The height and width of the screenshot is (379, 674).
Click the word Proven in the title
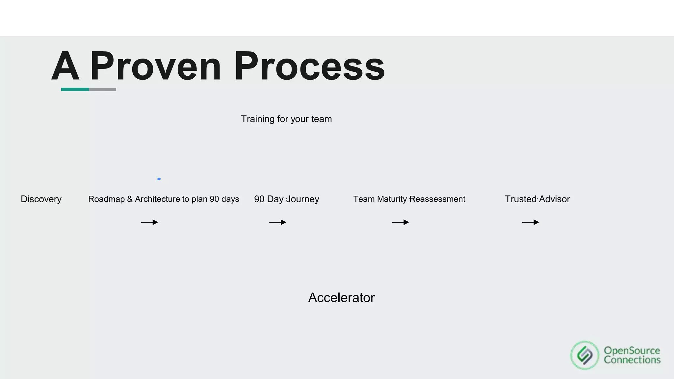coord(155,66)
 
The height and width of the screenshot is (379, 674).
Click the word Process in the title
coord(309,66)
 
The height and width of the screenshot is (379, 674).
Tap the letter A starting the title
coord(65,66)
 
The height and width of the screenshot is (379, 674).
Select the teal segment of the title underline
coord(75,89)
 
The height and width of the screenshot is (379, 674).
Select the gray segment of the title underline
coord(103,89)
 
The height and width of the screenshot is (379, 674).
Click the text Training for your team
coord(286,119)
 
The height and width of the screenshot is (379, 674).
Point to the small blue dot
coord(159,179)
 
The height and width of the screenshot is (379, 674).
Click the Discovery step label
coord(41,199)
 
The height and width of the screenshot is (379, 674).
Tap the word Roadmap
coord(106,199)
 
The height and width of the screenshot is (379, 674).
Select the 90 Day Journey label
coord(287,199)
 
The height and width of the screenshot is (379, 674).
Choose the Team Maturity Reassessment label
coord(409,199)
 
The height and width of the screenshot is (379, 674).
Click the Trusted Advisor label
coord(537,199)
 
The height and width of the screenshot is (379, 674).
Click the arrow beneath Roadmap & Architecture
coord(150,222)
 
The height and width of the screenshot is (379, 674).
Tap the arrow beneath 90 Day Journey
coord(278,222)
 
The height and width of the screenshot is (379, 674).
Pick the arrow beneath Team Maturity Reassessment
coord(401,222)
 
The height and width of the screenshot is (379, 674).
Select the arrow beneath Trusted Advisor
coord(531,222)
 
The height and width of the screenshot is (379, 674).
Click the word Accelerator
coord(341,298)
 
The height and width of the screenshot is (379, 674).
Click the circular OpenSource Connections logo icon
coord(585,355)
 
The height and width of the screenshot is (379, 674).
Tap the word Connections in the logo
coord(632,360)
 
